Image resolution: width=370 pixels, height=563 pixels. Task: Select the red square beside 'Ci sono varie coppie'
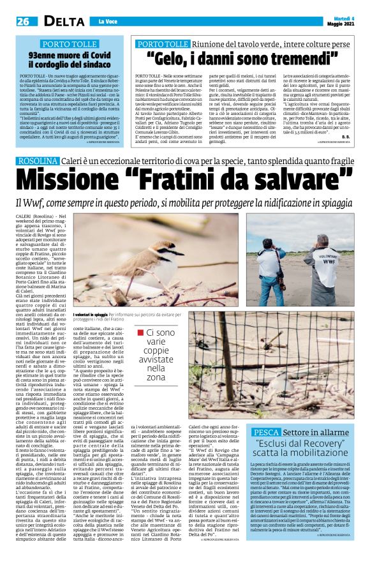tap(140, 331)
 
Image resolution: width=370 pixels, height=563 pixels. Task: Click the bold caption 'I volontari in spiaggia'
tap(90, 315)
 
